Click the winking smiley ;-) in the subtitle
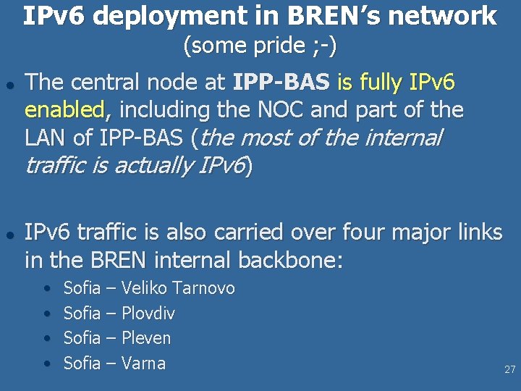[325, 46]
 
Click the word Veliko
[143, 288]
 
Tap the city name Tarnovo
[202, 288]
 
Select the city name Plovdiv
[148, 314]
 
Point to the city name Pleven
[146, 338]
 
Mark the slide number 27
[509, 370]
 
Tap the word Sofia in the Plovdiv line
[82, 314]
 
